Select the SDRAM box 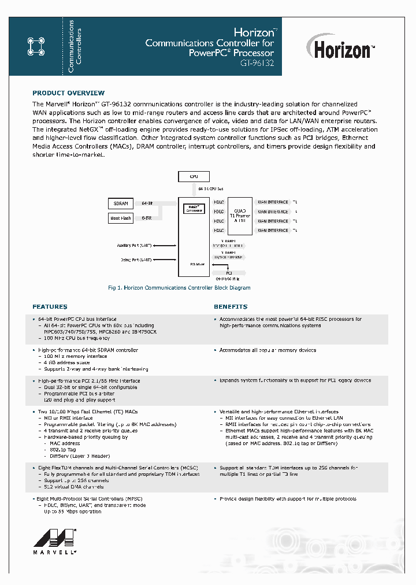pos(121,203)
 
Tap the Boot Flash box pos(121,218)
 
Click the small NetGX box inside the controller pos(194,208)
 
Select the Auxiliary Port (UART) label pos(135,246)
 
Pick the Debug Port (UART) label pos(136,260)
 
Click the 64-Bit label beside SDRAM pos(147,203)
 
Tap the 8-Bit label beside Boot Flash pos(147,218)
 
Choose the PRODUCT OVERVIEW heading pos(68,93)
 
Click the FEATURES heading pos(50,307)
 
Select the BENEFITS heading pos(231,307)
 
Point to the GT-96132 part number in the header pos(257,64)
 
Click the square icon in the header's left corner pos(36,47)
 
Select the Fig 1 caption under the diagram pos(179,288)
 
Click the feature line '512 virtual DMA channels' pos(74,487)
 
